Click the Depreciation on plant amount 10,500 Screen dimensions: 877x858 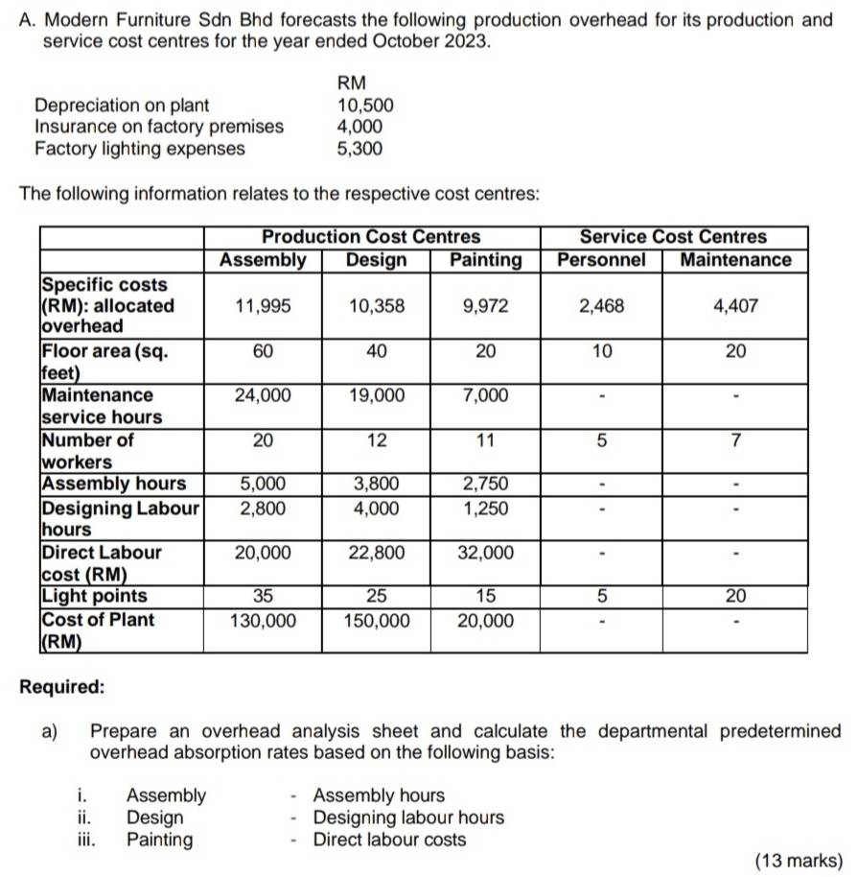pyautogui.click(x=365, y=105)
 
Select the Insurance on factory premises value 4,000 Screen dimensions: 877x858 pyautogui.click(x=360, y=127)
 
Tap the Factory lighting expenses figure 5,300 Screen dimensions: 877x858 pyautogui.click(x=360, y=149)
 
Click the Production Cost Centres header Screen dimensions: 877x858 pyautogui.click(x=372, y=237)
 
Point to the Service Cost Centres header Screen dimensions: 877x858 pyautogui.click(x=674, y=237)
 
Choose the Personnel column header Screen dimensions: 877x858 pyautogui.click(x=601, y=260)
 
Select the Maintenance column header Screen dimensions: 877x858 pyautogui.click(x=735, y=260)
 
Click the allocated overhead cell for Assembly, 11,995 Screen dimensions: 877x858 pyautogui.click(x=263, y=306)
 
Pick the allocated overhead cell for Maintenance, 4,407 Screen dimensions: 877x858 pyautogui.click(x=735, y=306)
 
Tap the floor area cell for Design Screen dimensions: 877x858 pyautogui.click(x=376, y=351)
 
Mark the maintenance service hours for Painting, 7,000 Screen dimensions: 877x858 pyautogui.click(x=485, y=395)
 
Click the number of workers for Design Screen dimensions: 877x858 pyautogui.click(x=376, y=440)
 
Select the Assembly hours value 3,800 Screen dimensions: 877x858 pyautogui.click(x=376, y=484)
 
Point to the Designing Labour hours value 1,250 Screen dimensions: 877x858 pyautogui.click(x=485, y=507)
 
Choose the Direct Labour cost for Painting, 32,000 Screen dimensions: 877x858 pyautogui.click(x=485, y=552)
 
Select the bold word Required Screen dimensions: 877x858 pyautogui.click(x=63, y=688)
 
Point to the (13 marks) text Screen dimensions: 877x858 pyautogui.click(x=799, y=861)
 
